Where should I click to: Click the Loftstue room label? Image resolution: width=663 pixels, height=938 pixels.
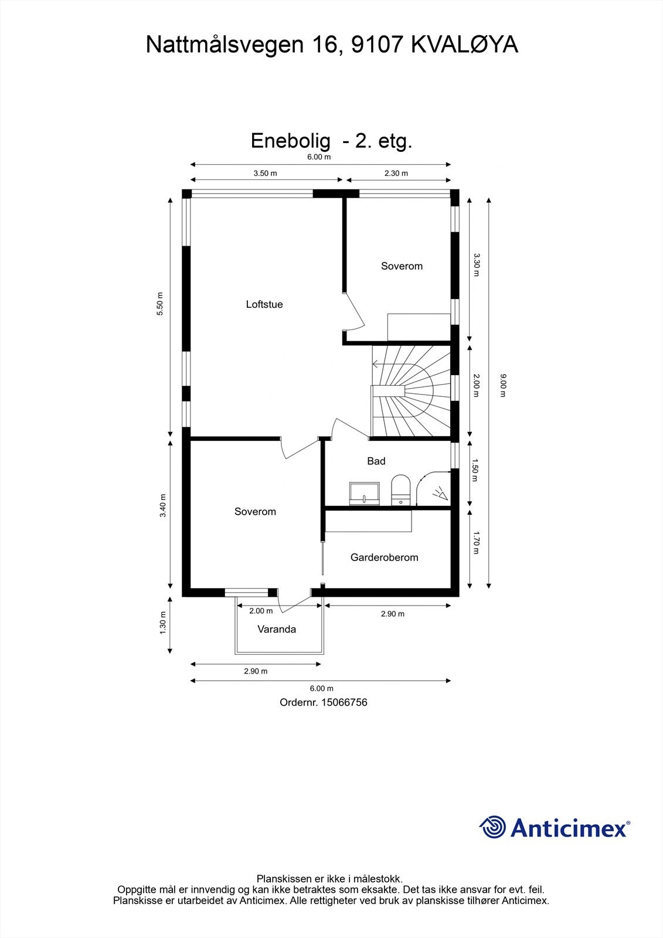coord(264,304)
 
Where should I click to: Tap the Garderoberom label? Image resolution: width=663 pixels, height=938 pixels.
coord(384,557)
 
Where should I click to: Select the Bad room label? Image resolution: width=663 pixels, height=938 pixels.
coord(376,461)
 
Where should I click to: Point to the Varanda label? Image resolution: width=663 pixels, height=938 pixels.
coord(277,629)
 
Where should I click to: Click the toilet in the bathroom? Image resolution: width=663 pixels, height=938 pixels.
coord(401,490)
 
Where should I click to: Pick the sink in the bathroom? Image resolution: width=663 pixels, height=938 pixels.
coord(365,494)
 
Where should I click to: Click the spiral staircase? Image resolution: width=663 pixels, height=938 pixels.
coord(411,390)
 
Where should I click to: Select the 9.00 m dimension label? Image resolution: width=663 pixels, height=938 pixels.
coord(503,386)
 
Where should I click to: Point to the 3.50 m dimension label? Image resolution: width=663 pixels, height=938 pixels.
coord(265,173)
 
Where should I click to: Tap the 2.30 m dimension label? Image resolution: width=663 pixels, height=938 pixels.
coord(396,173)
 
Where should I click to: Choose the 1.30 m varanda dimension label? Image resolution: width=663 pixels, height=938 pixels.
coord(163,623)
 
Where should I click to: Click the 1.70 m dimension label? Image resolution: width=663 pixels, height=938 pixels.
coord(475,542)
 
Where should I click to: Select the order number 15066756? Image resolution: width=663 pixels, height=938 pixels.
coord(344,702)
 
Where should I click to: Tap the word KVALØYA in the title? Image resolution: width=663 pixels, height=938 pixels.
coord(464,45)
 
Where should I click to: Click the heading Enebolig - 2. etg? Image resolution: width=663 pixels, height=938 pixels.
coord(332,141)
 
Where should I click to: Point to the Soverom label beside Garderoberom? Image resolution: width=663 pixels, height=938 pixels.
coord(255,511)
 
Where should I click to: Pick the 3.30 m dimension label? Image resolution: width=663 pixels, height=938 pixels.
coord(475,264)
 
